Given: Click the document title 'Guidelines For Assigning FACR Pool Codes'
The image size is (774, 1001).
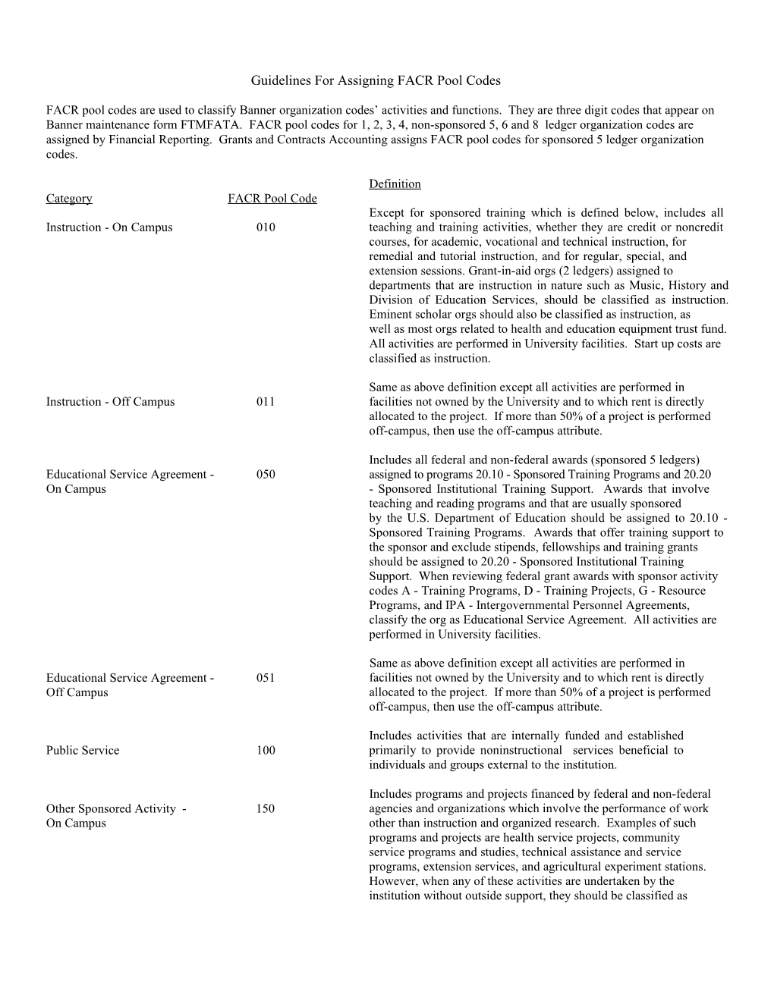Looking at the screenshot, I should pyautogui.click(x=376, y=80).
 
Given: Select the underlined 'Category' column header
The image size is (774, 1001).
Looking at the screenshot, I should pyautogui.click(x=68, y=199).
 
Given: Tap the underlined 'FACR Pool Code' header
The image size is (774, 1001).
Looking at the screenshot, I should pyautogui.click(x=272, y=199).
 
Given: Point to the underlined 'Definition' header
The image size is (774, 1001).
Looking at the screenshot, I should pyautogui.click(x=395, y=184).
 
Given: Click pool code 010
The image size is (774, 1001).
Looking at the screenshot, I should pyautogui.click(x=266, y=227).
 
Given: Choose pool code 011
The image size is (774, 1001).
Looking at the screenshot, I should pyautogui.click(x=266, y=402).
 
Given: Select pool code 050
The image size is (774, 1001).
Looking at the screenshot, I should pyautogui.click(x=266, y=475).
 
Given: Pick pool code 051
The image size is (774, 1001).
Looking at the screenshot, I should pyautogui.click(x=266, y=678).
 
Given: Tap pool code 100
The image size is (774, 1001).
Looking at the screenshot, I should pyautogui.click(x=266, y=751).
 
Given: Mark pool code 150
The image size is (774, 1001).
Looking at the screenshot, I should pyautogui.click(x=266, y=809).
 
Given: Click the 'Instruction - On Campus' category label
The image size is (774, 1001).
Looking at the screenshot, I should pyautogui.click(x=109, y=227).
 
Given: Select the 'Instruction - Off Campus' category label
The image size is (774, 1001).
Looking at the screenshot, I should pyautogui.click(x=110, y=402).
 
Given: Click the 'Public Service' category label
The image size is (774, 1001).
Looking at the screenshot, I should pyautogui.click(x=82, y=751).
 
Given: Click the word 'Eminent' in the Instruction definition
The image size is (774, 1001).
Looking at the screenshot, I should pyautogui.click(x=389, y=315).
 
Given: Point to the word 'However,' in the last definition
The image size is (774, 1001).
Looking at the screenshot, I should pyautogui.click(x=392, y=881).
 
